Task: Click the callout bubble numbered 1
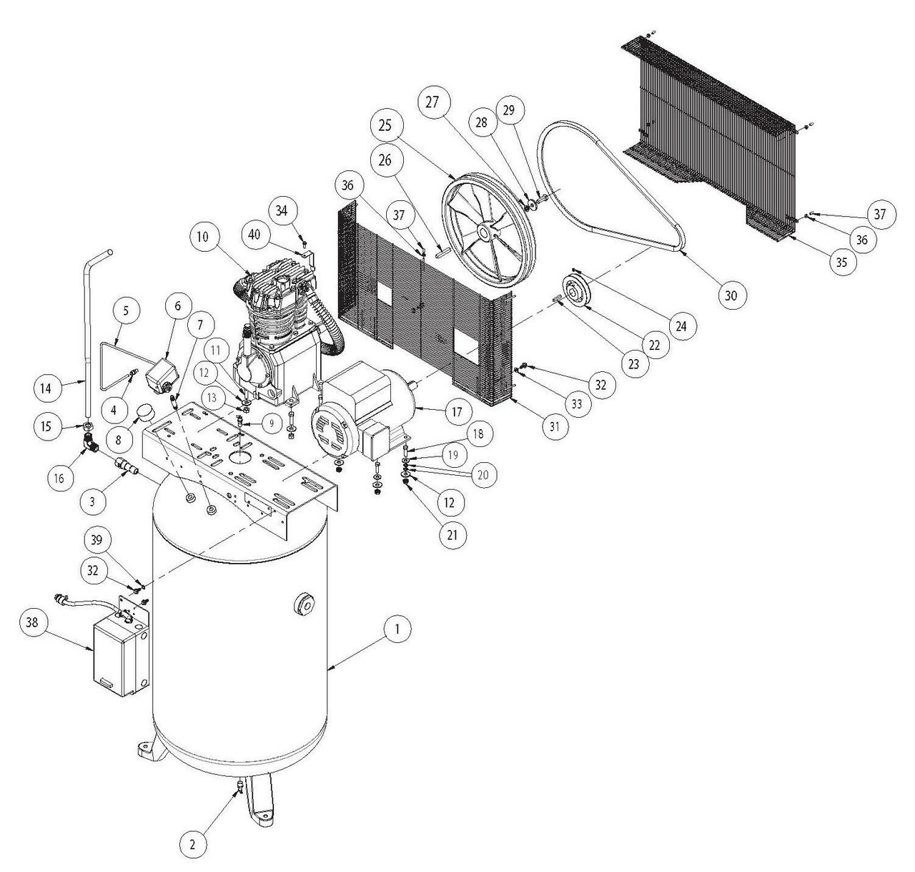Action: [397, 629]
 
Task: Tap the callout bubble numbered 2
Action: [191, 843]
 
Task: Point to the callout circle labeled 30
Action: [734, 294]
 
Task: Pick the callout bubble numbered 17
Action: [457, 412]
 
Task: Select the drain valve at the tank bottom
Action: [240, 788]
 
